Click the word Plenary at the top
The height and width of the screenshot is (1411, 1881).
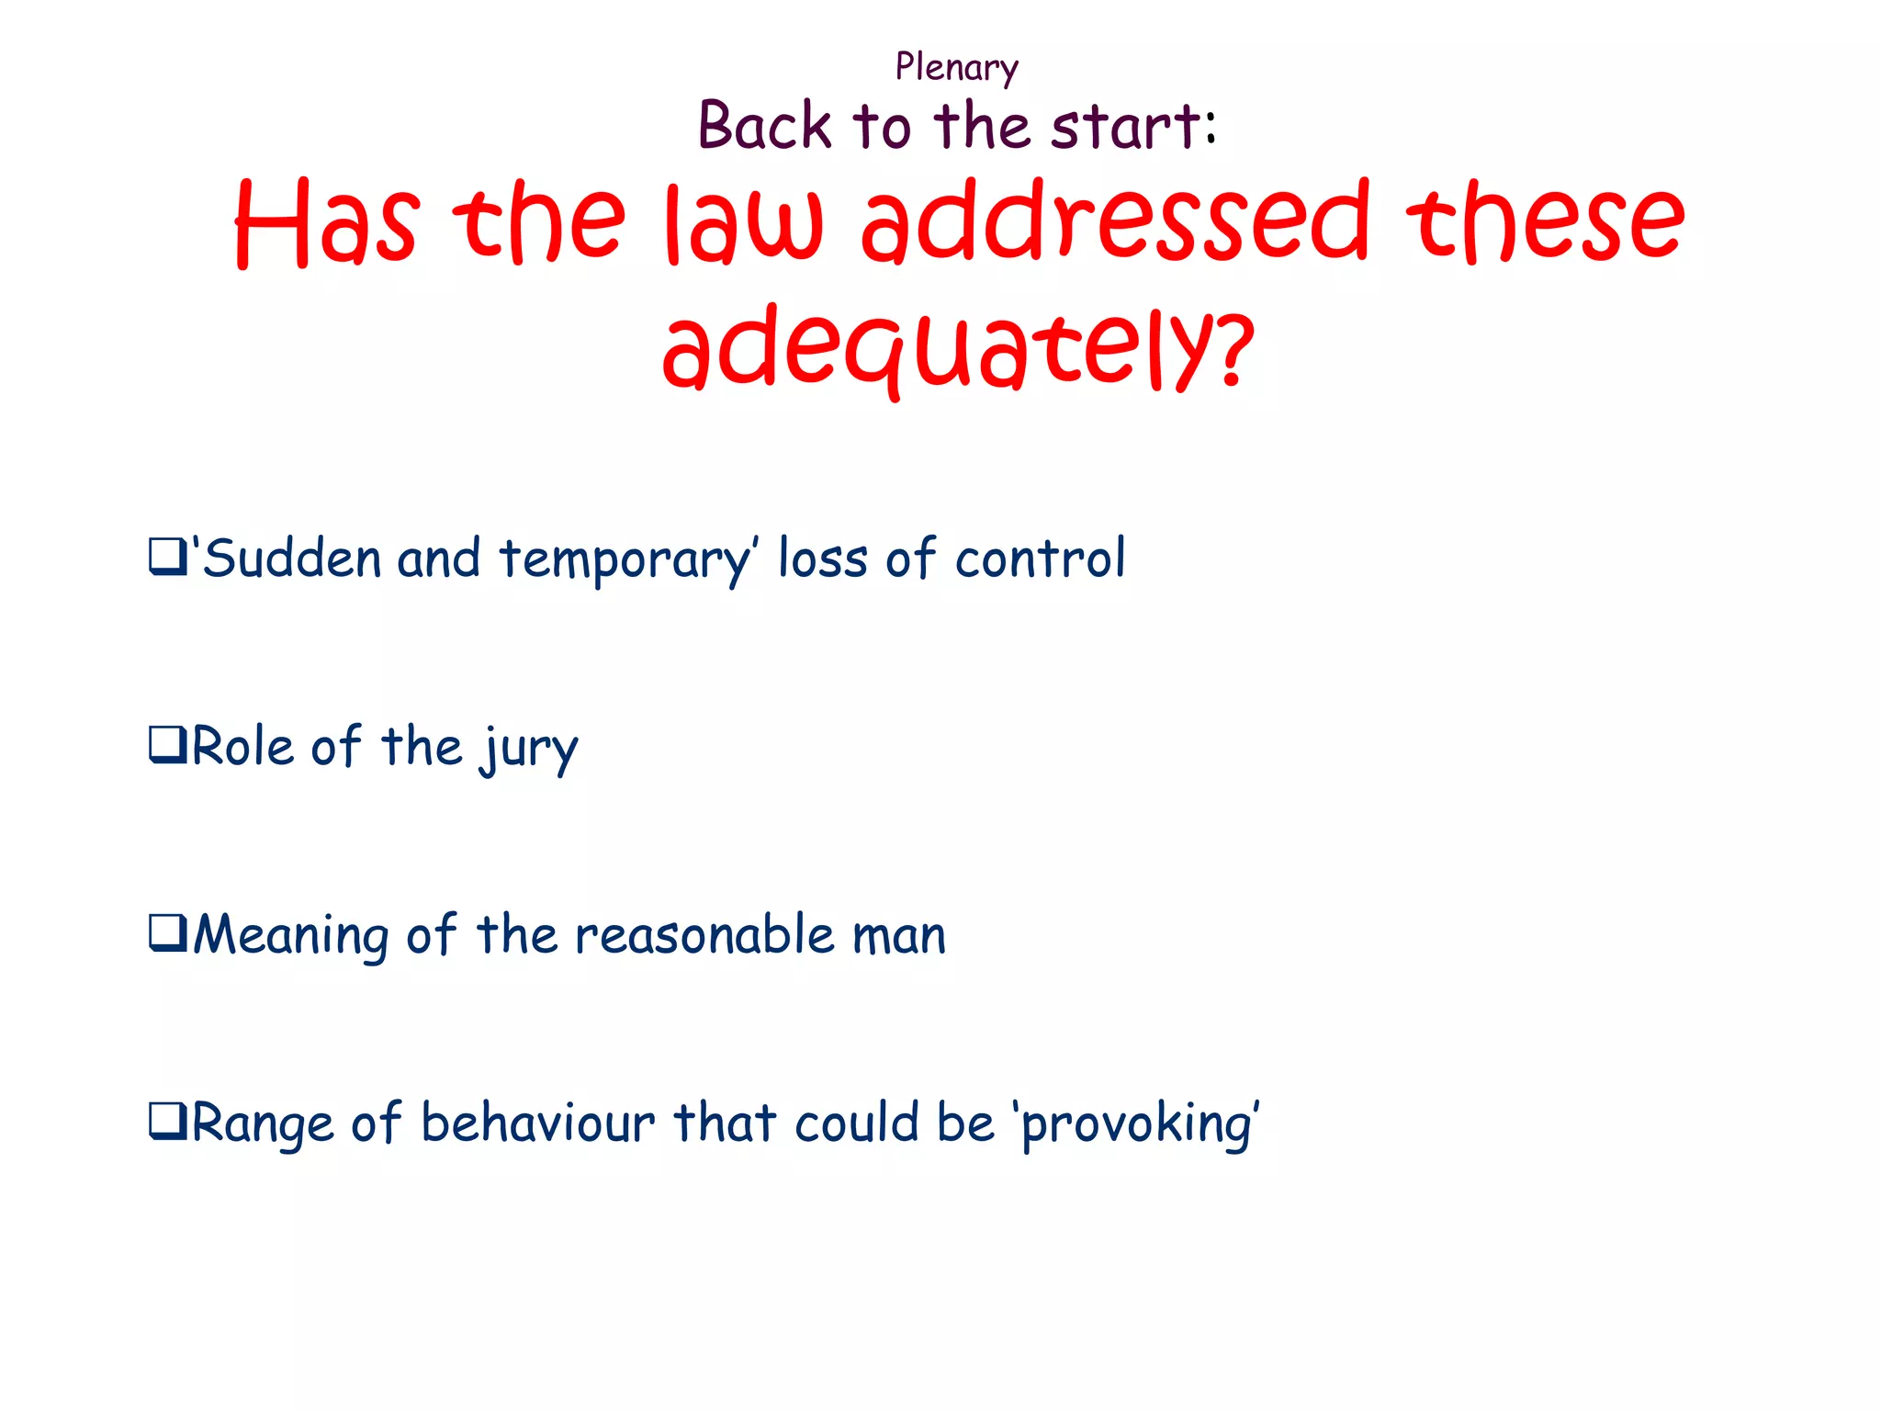(x=956, y=68)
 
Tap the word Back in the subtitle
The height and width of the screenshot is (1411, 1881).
(x=764, y=126)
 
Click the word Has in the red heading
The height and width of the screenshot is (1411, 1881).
(x=327, y=224)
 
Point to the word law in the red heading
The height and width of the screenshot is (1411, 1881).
(x=744, y=224)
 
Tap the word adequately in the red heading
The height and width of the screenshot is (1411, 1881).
(x=937, y=350)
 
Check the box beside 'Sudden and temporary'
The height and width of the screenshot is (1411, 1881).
(x=167, y=558)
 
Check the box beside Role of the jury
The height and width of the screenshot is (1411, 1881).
(x=167, y=745)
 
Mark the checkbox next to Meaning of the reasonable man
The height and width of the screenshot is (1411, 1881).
(x=167, y=933)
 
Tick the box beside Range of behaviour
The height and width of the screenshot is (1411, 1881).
(x=167, y=1122)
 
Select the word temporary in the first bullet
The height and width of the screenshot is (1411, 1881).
(x=625, y=559)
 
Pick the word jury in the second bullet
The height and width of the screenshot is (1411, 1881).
(x=529, y=748)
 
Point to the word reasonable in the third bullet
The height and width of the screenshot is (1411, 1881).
(x=704, y=935)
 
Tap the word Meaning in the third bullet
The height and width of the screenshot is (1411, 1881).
(x=290, y=935)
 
